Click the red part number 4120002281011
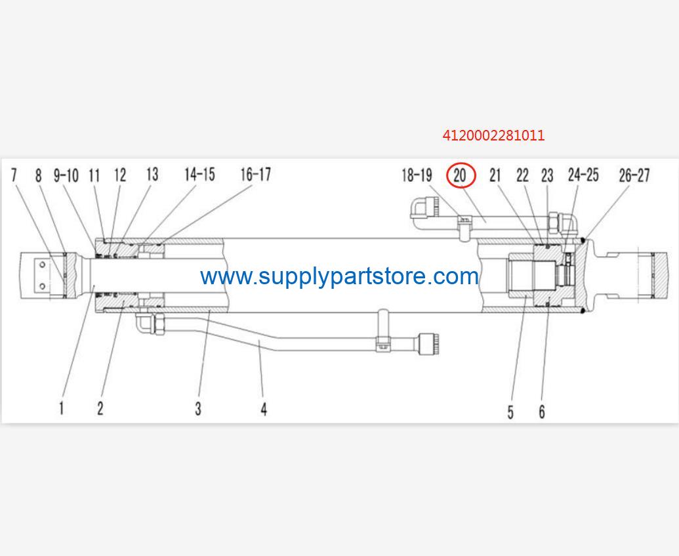click(493, 136)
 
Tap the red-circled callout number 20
click(461, 175)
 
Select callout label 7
click(14, 175)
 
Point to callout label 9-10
click(66, 175)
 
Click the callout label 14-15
click(199, 174)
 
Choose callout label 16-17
click(256, 174)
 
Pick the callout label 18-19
click(417, 175)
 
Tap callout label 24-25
click(583, 175)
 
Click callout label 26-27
click(634, 175)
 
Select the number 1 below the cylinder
click(62, 408)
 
